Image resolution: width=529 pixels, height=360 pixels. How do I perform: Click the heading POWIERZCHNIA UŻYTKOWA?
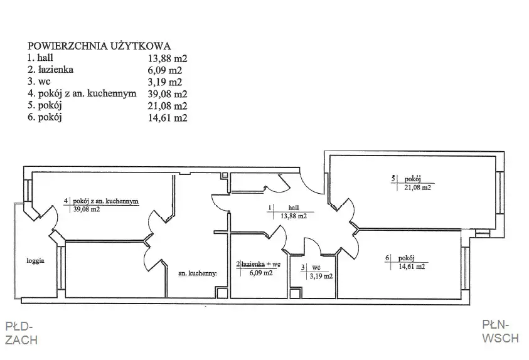99,46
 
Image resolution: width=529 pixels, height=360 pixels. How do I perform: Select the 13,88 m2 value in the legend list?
168,59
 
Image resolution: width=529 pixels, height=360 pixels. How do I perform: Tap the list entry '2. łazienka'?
50,70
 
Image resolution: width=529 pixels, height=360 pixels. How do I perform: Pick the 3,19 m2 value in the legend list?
165,82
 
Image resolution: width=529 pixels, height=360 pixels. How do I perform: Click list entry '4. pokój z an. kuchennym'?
82,93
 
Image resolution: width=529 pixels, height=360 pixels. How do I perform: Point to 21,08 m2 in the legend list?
168,106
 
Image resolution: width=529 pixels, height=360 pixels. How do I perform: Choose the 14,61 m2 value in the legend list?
168,118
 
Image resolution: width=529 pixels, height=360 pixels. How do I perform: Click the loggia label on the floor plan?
35,260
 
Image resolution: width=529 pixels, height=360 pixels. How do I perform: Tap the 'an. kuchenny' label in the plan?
197,273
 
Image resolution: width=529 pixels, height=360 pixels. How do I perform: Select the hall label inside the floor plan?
294,208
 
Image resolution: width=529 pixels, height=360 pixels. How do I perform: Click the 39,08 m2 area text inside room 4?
87,209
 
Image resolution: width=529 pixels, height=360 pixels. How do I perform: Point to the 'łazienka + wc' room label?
260,265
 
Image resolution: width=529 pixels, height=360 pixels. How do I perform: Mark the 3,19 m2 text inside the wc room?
321,276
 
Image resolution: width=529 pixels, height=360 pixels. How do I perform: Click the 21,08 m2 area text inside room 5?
418,188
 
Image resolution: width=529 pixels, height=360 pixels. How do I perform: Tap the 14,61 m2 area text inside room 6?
412,267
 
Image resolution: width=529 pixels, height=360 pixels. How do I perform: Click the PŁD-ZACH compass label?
21,333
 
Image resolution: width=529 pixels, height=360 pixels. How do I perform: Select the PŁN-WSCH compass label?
500,331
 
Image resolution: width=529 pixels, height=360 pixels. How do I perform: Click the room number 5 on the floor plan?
393,179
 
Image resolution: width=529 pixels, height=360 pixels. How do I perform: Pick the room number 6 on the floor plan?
387,258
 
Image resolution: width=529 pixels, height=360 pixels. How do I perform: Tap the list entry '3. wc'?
39,82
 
